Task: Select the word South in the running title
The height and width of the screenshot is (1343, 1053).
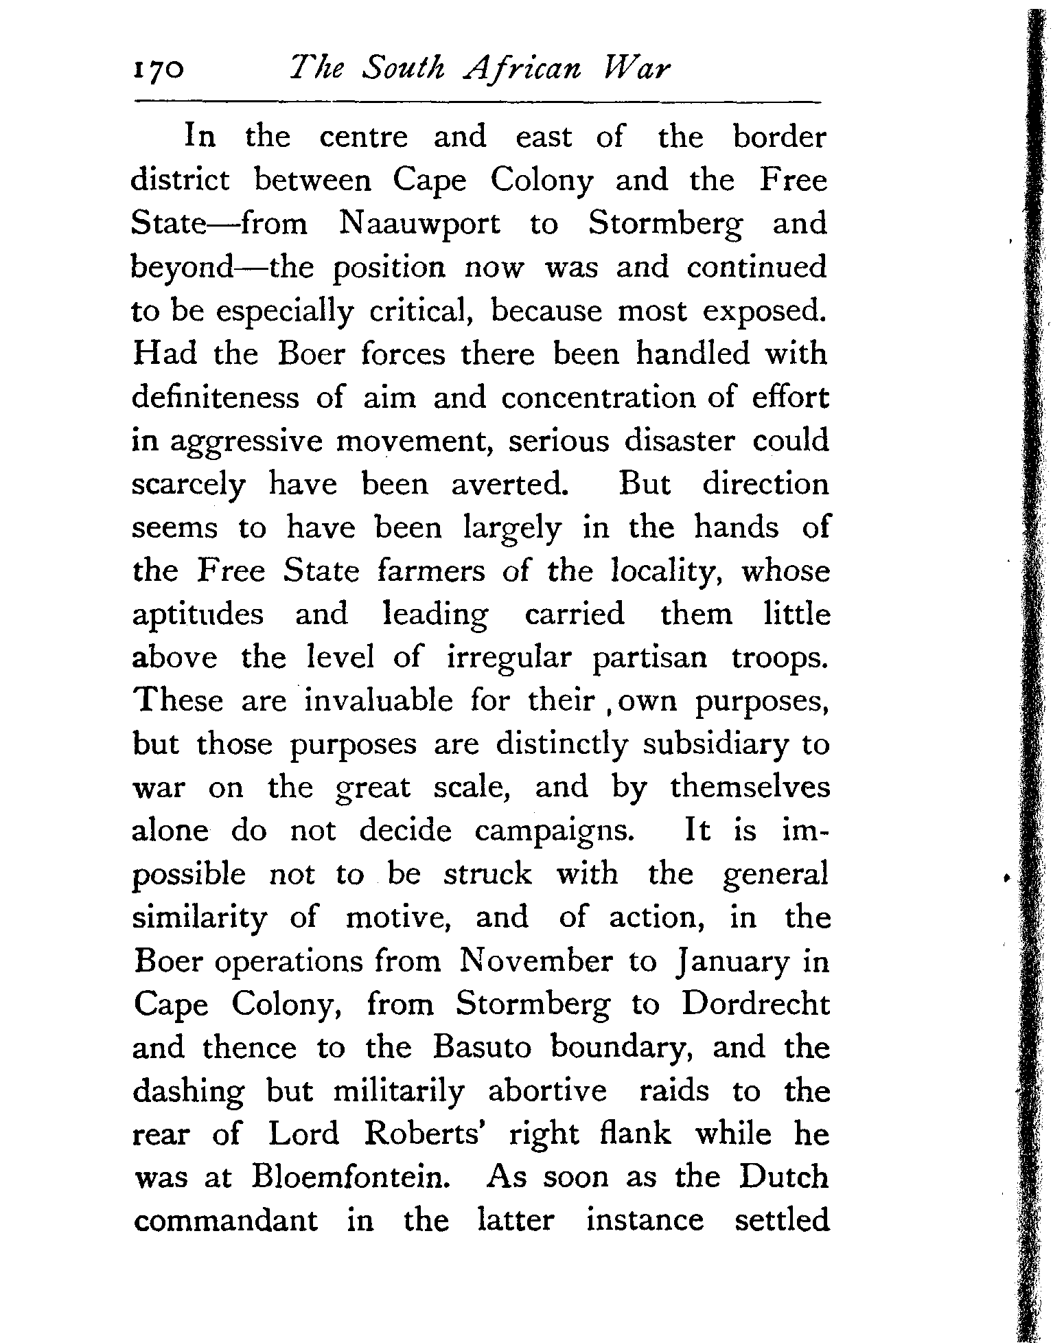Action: point(405,69)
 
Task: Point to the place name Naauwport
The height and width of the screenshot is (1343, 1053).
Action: point(419,224)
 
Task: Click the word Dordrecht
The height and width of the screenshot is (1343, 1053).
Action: point(755,1004)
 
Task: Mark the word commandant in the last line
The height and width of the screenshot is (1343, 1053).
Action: point(226,1220)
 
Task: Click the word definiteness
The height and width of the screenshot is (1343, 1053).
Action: point(216,398)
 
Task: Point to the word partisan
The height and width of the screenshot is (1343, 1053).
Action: point(649,658)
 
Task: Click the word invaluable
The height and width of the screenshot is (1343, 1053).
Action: point(378,700)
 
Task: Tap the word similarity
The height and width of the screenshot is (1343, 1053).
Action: point(199,918)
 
